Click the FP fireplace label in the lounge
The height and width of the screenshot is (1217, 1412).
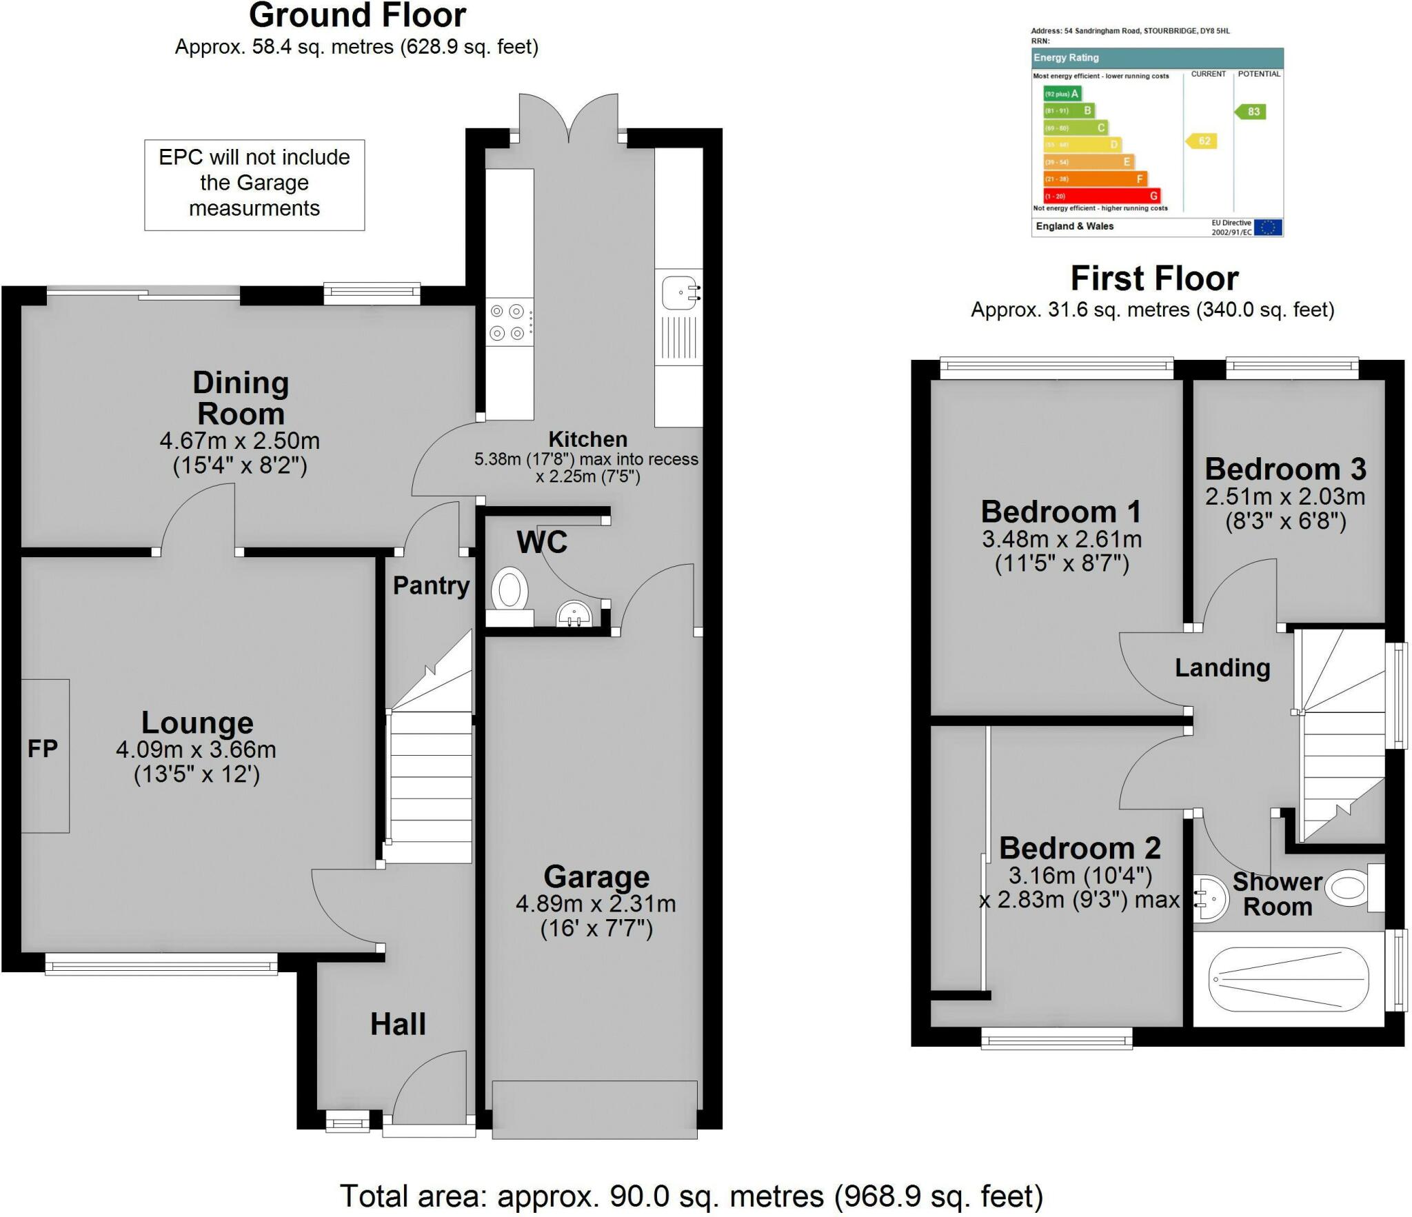[43, 749]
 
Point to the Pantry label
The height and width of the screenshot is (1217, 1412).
[431, 585]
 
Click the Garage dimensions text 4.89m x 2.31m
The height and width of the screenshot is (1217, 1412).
[596, 903]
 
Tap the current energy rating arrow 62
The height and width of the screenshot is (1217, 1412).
[1202, 141]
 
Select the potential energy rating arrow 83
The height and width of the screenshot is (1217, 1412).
[1251, 112]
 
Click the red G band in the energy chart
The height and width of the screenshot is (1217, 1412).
[1101, 196]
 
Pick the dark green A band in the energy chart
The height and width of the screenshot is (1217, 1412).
[1062, 94]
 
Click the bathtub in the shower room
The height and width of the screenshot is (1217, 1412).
[1289, 978]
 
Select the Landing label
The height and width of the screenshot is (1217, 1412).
[1222, 667]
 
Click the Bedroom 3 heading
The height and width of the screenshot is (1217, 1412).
[1285, 470]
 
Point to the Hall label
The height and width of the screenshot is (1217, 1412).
[398, 1024]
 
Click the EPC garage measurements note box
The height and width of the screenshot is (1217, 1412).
[254, 183]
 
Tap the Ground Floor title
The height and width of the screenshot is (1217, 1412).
[357, 15]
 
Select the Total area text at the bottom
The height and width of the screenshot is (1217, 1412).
[692, 1196]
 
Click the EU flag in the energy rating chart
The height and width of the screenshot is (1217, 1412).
[1267, 228]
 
